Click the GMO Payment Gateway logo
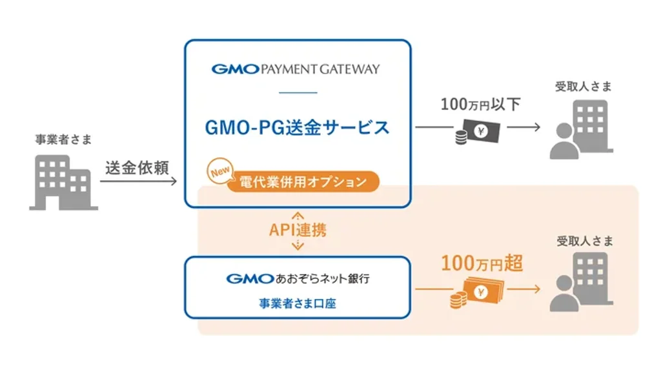[x=296, y=69]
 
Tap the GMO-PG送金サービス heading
[x=297, y=127]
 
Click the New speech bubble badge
[x=219, y=172]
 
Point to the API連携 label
[x=298, y=230]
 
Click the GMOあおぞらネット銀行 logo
[x=298, y=279]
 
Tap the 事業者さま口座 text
[x=298, y=303]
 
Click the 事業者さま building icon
[x=63, y=182]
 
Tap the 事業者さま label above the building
[x=63, y=139]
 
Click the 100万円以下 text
[x=480, y=104]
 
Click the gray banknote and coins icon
[x=475, y=132]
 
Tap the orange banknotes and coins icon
[x=476, y=293]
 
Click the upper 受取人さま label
[x=583, y=86]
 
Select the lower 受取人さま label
[x=583, y=241]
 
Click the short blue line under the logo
[x=298, y=92]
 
